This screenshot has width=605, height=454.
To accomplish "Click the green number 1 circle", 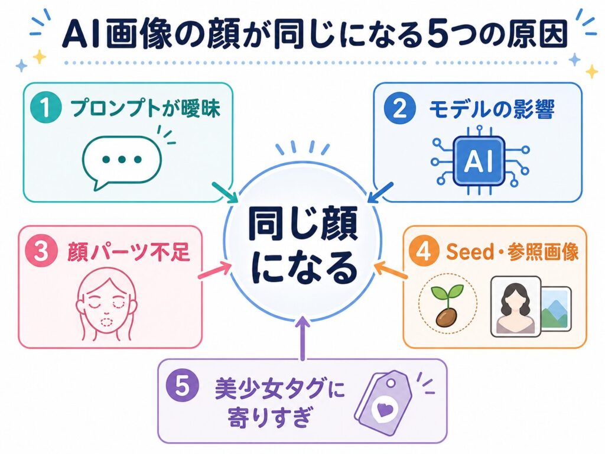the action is [x=46, y=108].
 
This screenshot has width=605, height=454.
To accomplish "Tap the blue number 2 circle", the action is [x=400, y=108].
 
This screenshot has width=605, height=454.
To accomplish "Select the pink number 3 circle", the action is [x=41, y=251].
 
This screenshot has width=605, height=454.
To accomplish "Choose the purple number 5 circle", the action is [x=182, y=385].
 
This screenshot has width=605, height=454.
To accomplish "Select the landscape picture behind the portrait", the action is [x=556, y=308].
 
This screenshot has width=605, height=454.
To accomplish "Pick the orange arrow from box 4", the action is [x=391, y=270].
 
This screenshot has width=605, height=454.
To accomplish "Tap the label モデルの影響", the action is [x=492, y=109].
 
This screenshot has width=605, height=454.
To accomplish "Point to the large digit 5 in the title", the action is [x=440, y=34].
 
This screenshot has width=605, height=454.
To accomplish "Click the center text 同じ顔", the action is [x=302, y=224].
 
